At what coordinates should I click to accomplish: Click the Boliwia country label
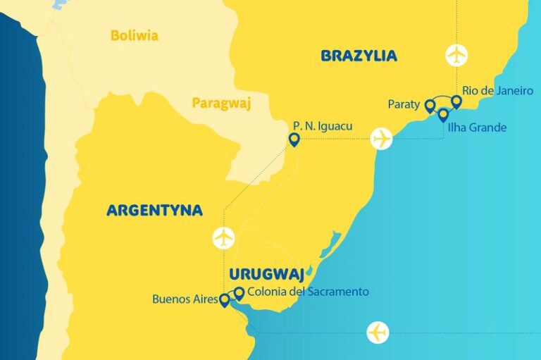(x=134, y=36)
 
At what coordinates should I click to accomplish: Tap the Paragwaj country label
(x=221, y=104)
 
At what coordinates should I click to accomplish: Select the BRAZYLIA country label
(x=359, y=56)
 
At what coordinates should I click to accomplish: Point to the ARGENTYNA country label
(x=154, y=210)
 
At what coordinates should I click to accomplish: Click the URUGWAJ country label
(x=266, y=273)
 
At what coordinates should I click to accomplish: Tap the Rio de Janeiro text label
(x=497, y=91)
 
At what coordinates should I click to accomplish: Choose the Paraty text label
(x=404, y=104)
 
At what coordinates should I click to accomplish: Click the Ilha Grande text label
(x=477, y=128)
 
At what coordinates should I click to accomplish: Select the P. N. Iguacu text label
(x=322, y=126)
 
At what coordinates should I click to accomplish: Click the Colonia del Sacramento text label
(x=309, y=291)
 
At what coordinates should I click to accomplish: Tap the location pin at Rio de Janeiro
(x=456, y=102)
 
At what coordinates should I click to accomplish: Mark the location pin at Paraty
(x=429, y=106)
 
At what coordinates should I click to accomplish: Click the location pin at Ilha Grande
(x=443, y=114)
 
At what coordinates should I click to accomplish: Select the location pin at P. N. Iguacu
(x=294, y=139)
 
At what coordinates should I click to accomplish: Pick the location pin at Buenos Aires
(x=225, y=301)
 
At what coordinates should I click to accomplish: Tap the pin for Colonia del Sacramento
(x=239, y=293)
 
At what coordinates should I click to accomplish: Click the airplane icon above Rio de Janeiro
(x=456, y=54)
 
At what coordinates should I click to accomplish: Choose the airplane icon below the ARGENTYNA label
(x=223, y=237)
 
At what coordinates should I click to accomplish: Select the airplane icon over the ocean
(x=378, y=332)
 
